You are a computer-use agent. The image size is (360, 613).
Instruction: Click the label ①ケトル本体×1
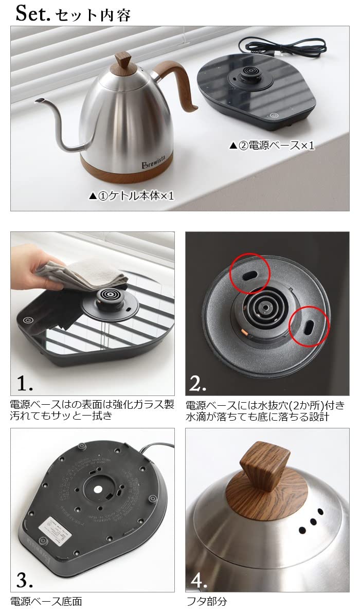[x=132, y=196]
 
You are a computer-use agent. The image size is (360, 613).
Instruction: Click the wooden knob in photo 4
[x=264, y=465]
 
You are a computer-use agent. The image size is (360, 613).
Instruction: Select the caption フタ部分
[x=206, y=601]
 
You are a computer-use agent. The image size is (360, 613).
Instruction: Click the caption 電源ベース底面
[x=46, y=601]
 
